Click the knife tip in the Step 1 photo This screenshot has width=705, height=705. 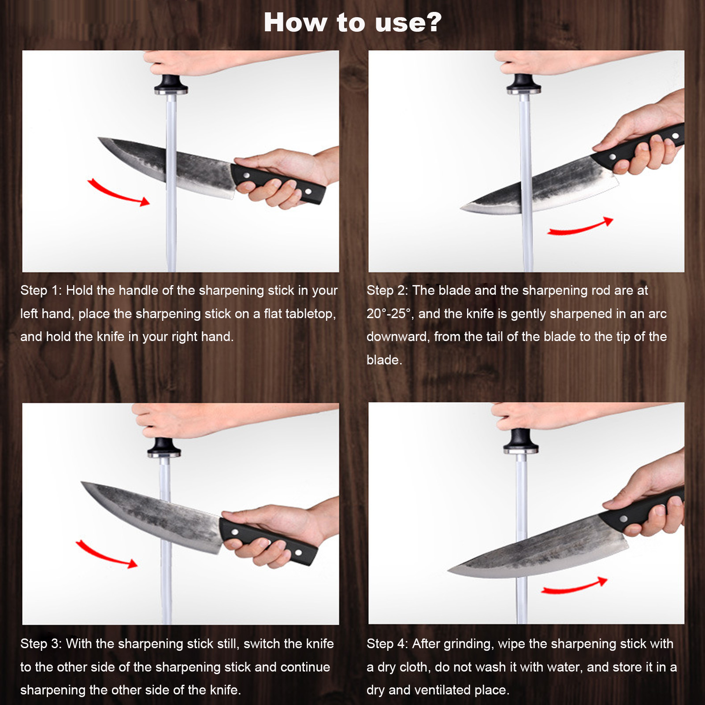click(x=98, y=138)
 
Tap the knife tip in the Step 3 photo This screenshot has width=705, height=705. click(x=82, y=482)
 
